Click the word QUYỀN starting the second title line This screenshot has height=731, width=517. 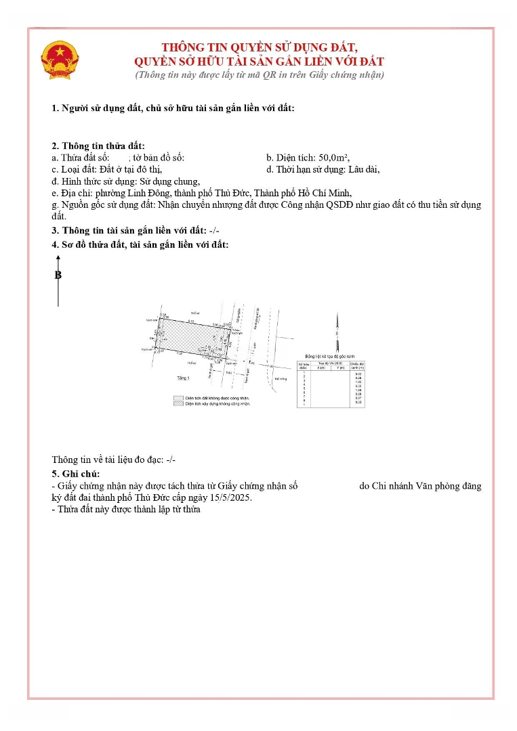point(157,61)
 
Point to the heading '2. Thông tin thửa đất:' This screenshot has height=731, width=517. point(98,146)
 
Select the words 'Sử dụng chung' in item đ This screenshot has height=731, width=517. point(169,181)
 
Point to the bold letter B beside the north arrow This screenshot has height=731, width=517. point(58,275)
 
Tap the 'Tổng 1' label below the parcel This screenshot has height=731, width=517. point(183,378)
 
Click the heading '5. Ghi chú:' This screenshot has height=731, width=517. point(75,474)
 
